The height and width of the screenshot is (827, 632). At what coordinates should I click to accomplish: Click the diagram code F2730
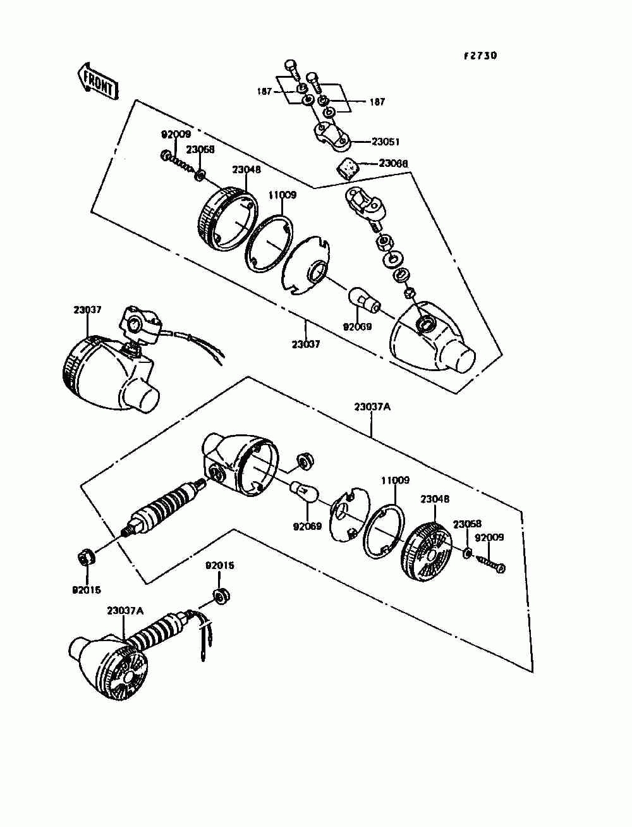click(480, 56)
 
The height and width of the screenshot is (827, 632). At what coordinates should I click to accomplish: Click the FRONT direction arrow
click(97, 80)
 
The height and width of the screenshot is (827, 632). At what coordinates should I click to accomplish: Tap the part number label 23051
click(386, 142)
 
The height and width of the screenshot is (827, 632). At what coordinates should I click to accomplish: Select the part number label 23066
click(393, 164)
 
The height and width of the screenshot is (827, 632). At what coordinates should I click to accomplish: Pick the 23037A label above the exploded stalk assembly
click(372, 407)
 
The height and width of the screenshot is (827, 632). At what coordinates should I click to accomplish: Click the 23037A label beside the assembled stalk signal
click(125, 611)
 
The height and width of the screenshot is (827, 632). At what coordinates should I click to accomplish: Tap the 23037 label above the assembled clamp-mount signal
click(87, 310)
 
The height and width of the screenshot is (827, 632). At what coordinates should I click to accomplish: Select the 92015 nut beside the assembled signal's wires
click(221, 596)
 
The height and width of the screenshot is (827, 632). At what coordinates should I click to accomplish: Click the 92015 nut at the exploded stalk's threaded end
click(85, 557)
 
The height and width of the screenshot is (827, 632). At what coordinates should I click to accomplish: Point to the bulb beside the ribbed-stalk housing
click(304, 491)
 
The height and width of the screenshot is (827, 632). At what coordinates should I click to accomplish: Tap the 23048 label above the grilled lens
click(435, 499)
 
